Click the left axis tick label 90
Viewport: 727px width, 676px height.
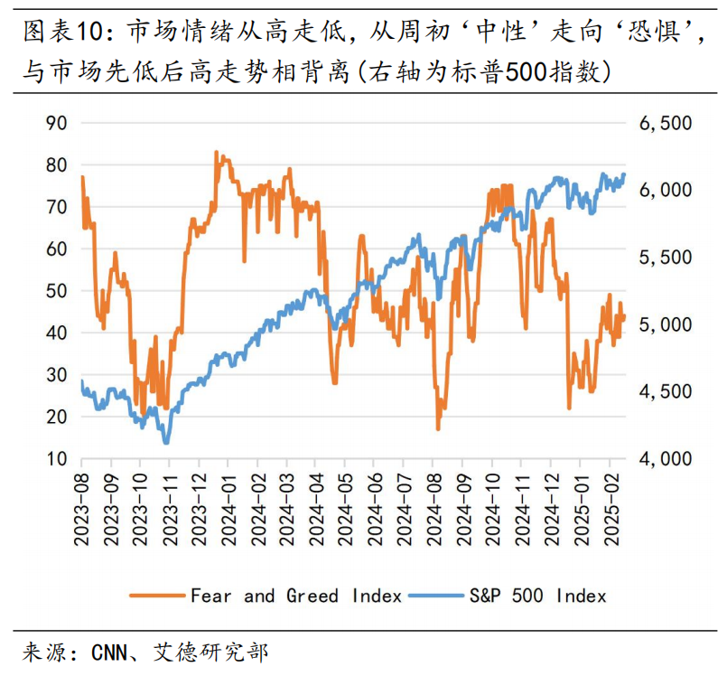(56, 123)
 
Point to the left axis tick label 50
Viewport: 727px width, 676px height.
(56, 291)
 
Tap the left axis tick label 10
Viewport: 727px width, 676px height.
(56, 458)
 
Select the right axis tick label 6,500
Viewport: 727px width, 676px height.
(665, 123)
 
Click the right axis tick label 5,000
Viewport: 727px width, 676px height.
(665, 324)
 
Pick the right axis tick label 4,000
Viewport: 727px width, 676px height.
(665, 458)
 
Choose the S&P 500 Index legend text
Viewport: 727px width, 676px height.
(536, 596)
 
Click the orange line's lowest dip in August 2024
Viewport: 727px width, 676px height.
(438, 428)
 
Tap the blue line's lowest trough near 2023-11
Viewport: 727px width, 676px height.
(166, 442)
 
